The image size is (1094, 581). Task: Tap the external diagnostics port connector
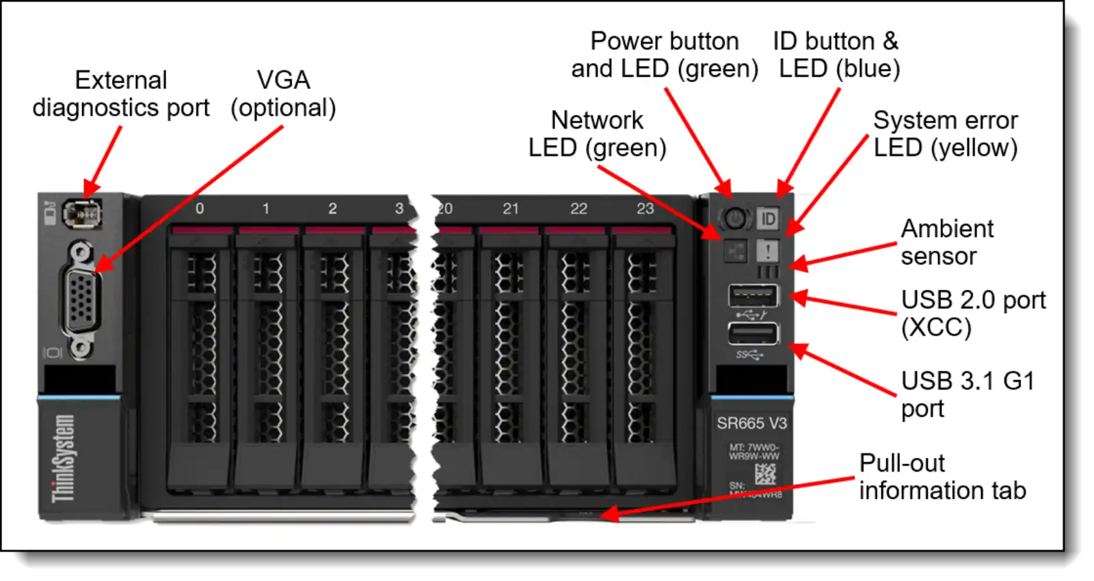(82, 215)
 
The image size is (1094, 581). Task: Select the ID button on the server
(768, 219)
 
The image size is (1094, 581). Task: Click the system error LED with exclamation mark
(768, 251)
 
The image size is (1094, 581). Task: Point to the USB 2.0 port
(753, 296)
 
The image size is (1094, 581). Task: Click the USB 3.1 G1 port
(753, 334)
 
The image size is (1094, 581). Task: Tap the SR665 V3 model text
(751, 423)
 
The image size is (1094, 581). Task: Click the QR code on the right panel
(765, 474)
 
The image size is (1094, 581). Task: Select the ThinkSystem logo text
(63, 458)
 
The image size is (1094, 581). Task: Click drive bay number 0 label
(200, 208)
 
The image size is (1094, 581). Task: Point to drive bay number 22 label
(578, 208)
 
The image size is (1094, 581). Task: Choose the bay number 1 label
(266, 208)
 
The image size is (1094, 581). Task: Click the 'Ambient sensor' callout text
(947, 242)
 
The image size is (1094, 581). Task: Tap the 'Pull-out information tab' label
(942, 476)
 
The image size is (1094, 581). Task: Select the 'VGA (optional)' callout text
(283, 94)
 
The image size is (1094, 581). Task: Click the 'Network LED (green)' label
(597, 134)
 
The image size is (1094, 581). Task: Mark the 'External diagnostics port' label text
(121, 94)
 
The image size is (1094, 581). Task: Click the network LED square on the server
(736, 251)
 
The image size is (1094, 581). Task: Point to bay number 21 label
(511, 208)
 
